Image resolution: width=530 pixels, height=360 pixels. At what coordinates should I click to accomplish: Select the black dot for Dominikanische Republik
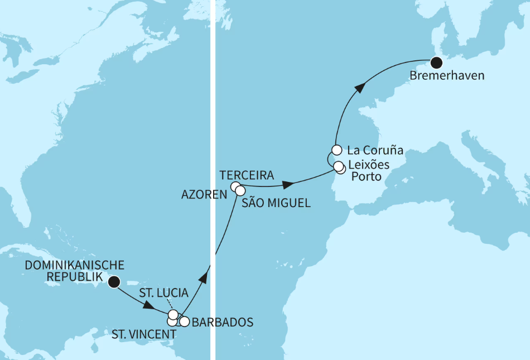(114, 282)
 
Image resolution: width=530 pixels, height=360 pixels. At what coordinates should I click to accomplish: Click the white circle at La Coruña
(336, 150)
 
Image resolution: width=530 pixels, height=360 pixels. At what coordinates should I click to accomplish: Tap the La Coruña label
(375, 151)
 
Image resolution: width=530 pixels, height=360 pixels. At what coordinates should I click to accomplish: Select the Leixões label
(368, 165)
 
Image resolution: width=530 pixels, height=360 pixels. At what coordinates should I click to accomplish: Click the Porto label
(367, 177)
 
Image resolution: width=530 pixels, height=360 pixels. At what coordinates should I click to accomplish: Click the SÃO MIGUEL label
(277, 204)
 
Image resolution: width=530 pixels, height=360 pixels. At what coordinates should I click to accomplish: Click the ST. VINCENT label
(144, 334)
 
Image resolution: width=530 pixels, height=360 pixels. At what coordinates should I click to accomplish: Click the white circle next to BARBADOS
(184, 321)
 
